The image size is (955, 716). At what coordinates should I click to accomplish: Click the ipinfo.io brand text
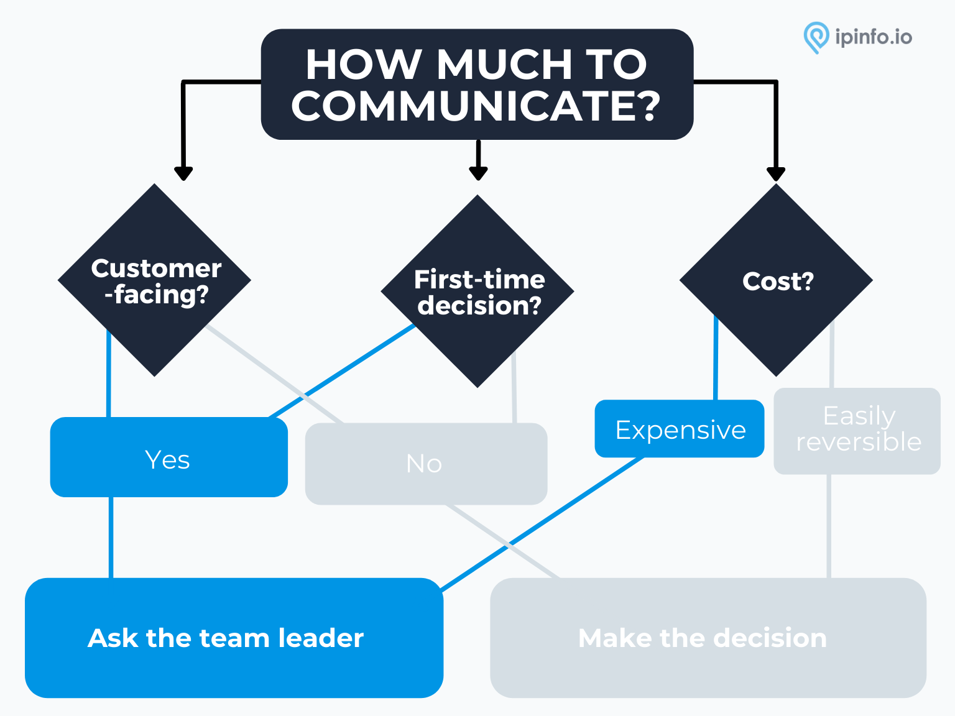tap(874, 37)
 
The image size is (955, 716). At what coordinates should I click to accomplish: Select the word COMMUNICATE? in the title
tap(476, 106)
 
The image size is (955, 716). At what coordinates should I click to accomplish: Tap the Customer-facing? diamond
tap(154, 280)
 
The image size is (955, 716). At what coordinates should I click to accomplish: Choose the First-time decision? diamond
tap(477, 291)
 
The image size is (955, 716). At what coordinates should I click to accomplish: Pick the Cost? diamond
tap(776, 280)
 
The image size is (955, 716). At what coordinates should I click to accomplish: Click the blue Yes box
tap(169, 457)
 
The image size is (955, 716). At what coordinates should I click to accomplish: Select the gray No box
tap(426, 464)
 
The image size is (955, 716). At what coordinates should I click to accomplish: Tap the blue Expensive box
tap(679, 428)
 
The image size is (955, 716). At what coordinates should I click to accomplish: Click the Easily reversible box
tap(857, 431)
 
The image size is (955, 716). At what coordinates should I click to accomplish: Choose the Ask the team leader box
tap(234, 638)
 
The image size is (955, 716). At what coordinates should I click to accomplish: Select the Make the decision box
tap(708, 638)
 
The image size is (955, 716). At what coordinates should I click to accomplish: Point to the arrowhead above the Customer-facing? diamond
tap(183, 173)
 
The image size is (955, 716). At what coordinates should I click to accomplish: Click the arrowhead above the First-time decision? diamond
tap(478, 173)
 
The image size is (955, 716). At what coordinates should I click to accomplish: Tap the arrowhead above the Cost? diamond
tap(776, 174)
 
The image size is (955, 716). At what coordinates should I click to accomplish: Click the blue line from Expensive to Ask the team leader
tap(542, 523)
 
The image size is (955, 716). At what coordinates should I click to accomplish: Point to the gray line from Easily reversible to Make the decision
tap(829, 526)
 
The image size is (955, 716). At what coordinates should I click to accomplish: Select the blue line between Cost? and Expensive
tap(716, 357)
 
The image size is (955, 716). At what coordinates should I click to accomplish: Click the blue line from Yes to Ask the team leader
tap(111, 538)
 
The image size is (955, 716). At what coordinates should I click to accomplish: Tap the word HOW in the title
tap(364, 65)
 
